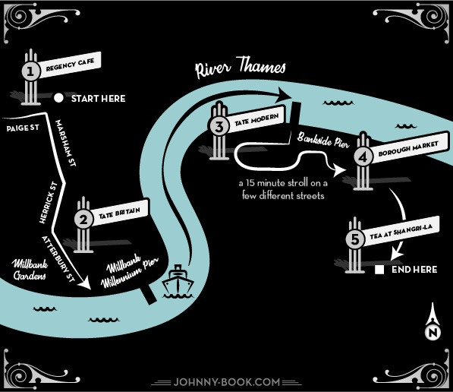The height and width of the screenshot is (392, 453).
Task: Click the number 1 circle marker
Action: (31, 71)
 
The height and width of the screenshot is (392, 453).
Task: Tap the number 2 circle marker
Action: (83, 220)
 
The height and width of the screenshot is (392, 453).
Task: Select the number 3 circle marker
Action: (219, 126)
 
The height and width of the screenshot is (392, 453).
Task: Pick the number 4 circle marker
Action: (363, 157)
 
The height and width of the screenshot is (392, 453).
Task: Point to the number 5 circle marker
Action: (355, 239)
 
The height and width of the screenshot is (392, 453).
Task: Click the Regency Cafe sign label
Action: (71, 65)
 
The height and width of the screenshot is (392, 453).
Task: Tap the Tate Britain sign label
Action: (120, 213)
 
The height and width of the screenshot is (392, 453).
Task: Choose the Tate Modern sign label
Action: (256, 119)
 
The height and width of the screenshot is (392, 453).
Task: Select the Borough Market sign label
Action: (408, 147)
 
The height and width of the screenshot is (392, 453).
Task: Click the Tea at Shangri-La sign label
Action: (401, 232)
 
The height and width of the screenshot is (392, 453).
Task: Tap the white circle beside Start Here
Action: (58, 98)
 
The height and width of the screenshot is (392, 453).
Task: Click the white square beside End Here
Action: (379, 270)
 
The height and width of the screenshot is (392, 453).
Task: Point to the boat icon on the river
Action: (178, 280)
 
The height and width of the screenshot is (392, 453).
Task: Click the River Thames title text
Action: (241, 68)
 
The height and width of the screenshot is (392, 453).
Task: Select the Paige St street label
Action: (23, 128)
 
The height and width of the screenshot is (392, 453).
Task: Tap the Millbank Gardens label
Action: (30, 270)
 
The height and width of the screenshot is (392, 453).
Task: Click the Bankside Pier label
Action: (323, 140)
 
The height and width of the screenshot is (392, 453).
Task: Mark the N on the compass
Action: (433, 333)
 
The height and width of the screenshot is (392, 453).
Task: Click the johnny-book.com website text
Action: (227, 382)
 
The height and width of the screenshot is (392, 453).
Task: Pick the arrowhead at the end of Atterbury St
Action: (85, 283)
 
